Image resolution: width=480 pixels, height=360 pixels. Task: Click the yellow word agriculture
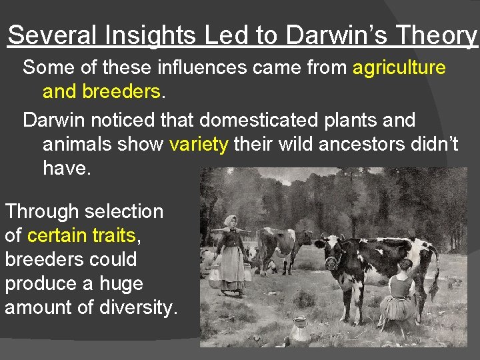[x=399, y=67]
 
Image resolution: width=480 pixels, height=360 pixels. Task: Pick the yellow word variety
[x=199, y=144]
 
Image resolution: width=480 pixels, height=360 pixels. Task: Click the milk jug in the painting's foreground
[x=299, y=329]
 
